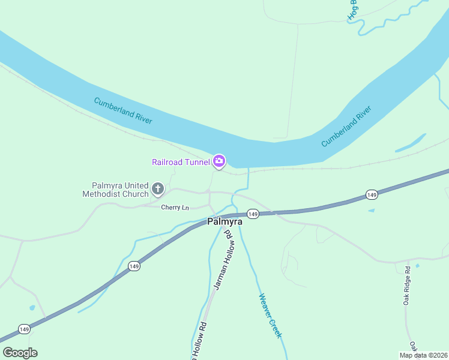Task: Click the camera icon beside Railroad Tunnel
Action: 218,161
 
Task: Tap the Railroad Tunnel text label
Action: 181,161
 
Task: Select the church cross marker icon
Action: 158,190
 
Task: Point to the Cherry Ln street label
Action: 175,208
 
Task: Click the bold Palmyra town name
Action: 224,221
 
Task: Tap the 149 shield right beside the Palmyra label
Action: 253,214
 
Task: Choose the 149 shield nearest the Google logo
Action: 24,329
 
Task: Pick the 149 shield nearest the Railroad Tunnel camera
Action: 372,195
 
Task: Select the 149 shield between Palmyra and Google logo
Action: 133,266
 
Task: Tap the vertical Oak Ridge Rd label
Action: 406,286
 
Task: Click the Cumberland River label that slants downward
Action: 123,111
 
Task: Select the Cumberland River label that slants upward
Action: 346,126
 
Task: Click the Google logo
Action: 20,353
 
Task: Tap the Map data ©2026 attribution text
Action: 423,355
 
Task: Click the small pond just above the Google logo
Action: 32,308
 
